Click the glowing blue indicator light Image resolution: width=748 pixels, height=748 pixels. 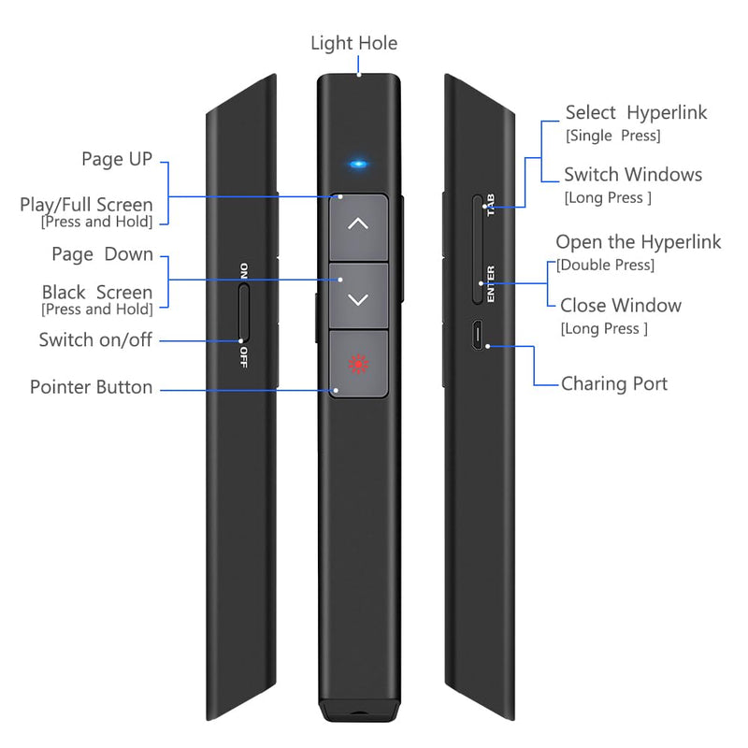coord(358,165)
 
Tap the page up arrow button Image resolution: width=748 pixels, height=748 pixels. coord(358,227)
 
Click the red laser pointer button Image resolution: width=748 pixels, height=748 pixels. coord(358,364)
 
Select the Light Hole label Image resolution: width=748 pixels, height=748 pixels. coord(354,43)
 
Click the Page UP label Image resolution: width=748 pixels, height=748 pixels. coord(117,159)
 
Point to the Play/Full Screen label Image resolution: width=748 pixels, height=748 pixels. coord(86,205)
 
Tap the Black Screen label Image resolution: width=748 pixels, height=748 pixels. coord(97,292)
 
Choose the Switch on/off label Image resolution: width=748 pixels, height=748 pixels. coord(95,339)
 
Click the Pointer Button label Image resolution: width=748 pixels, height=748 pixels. coord(91,387)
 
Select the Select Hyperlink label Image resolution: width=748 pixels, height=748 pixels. coord(636,113)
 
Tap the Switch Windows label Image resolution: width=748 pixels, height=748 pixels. coord(633,175)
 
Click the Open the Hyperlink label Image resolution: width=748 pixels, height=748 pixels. coord(639,242)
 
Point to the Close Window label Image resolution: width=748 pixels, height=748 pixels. coord(621,306)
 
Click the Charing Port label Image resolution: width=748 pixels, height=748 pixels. coord(614,384)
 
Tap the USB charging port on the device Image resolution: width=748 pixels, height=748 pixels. coord(477,335)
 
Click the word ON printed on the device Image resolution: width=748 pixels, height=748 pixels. coord(244,270)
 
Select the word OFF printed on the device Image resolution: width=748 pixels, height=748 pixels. coord(244,357)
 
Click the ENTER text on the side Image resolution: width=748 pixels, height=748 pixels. coord(490,284)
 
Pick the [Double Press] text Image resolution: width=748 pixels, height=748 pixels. coord(605,266)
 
